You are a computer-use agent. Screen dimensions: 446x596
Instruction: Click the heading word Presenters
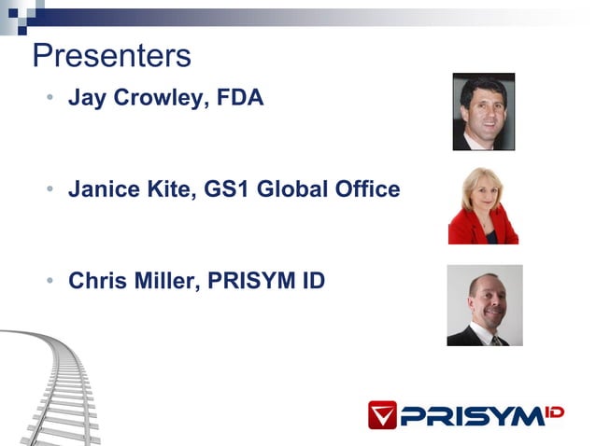pyautogui.click(x=111, y=56)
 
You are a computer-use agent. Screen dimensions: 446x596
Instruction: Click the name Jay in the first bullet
pyautogui.click(x=87, y=97)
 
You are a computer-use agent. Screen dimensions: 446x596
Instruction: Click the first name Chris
pyautogui.click(x=97, y=281)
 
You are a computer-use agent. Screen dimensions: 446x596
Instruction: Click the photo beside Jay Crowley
pyautogui.click(x=484, y=111)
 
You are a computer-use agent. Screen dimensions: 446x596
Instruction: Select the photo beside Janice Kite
pyautogui.click(x=483, y=205)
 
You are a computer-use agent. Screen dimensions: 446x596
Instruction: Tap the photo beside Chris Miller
pyautogui.click(x=484, y=305)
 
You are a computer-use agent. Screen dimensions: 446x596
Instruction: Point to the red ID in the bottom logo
pyautogui.click(x=554, y=411)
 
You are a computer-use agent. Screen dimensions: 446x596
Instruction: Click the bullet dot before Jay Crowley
pyautogui.click(x=50, y=98)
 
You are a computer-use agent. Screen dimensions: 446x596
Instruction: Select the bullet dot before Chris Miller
pyautogui.click(x=50, y=282)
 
